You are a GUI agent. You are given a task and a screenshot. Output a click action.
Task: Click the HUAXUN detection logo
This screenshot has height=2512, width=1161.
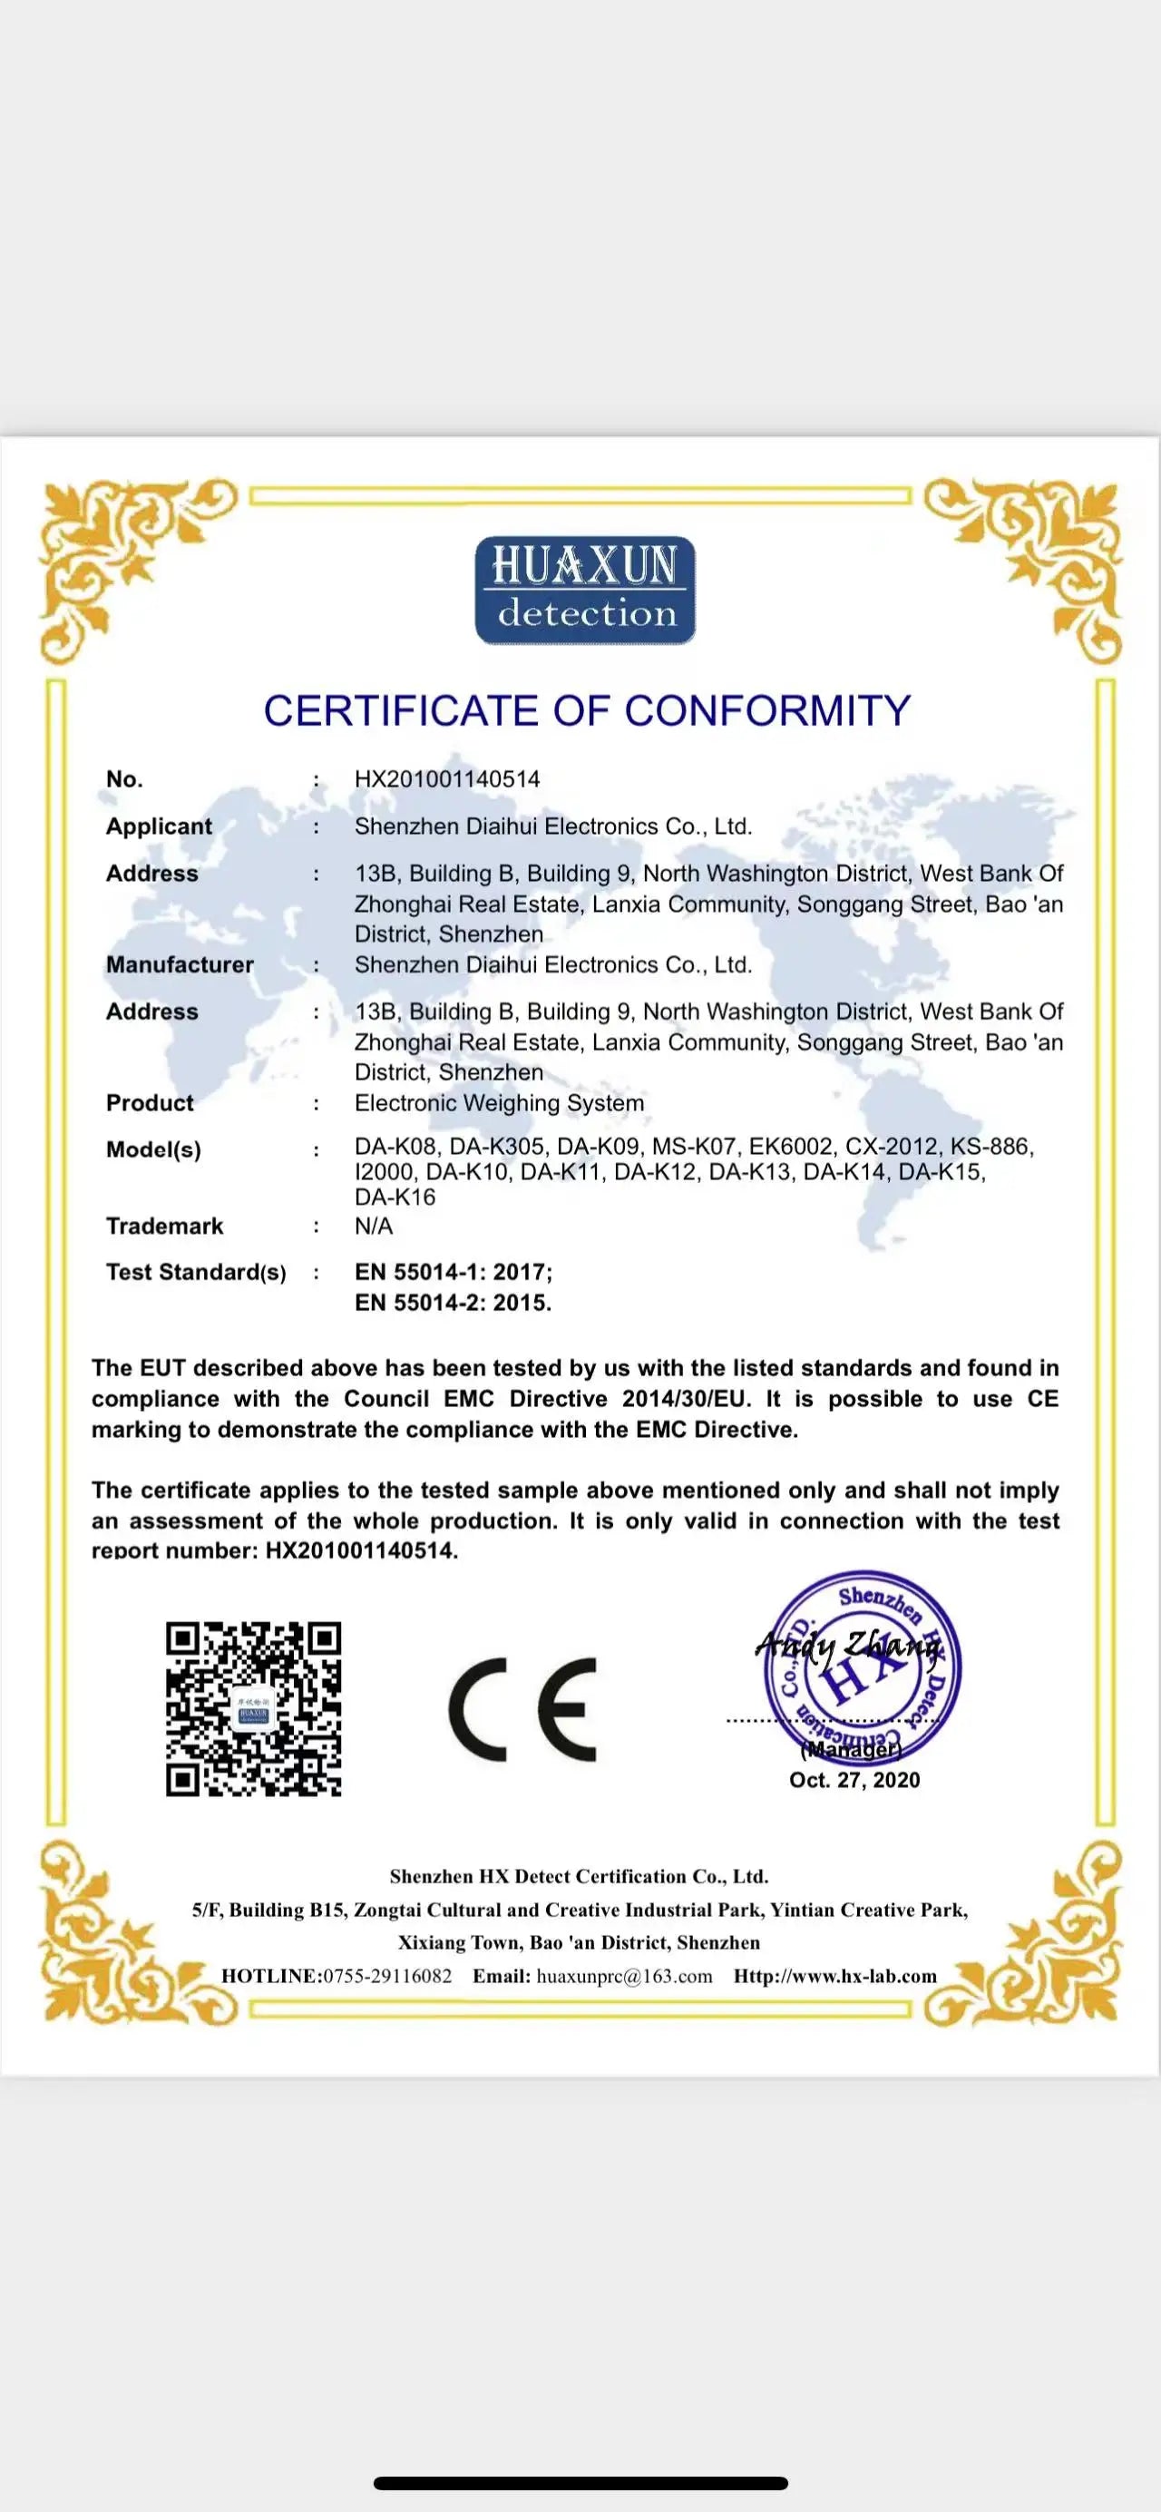[585, 590]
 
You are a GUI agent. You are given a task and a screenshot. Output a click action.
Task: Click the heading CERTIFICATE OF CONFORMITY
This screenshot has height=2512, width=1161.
[587, 711]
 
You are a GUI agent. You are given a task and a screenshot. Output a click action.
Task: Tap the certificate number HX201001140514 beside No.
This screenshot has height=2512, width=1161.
[446, 779]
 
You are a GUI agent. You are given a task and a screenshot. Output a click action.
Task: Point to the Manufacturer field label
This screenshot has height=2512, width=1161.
[180, 964]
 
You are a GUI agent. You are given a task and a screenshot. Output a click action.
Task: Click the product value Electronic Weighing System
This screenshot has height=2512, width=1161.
[499, 1103]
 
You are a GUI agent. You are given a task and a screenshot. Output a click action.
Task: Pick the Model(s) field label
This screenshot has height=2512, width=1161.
[153, 1149]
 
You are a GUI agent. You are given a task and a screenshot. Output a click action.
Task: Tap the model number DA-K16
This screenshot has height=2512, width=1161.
[395, 1197]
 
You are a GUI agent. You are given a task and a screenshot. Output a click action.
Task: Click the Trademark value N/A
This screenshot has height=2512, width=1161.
[374, 1226]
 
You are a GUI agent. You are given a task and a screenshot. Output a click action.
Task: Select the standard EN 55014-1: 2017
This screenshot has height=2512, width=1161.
[453, 1272]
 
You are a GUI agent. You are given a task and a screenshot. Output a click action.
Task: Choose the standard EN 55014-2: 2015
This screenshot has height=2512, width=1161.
[453, 1303]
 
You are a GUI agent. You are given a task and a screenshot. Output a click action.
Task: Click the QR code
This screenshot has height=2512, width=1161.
[253, 1708]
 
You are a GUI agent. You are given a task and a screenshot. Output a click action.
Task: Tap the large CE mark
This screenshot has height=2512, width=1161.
[522, 1708]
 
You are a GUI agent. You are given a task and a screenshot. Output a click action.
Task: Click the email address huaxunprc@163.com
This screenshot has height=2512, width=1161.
[624, 1977]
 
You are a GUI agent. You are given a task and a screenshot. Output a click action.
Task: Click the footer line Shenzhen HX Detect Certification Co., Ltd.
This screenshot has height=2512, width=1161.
[579, 1876]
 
